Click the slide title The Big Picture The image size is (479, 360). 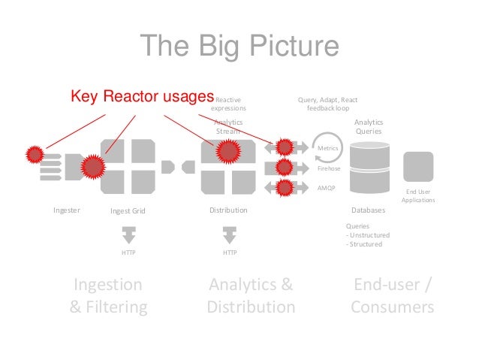tap(239, 47)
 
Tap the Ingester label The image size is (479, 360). tap(67, 210)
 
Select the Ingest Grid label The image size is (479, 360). tap(128, 211)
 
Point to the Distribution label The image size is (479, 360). tap(228, 210)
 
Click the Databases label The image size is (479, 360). tap(368, 210)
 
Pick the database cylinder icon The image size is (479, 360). tap(368, 170)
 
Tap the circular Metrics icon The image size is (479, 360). tap(327, 149)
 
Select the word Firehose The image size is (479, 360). tap(330, 169)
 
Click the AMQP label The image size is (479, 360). tap(327, 188)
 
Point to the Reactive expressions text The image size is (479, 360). tap(228, 104)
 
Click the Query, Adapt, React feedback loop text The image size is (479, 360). tap(327, 104)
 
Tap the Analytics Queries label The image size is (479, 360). tap(368, 126)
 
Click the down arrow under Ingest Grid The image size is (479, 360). tap(128, 234)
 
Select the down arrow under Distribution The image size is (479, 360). tap(229, 234)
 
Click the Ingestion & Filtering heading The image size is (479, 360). tap(108, 295)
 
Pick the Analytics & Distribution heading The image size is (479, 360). tap(251, 295)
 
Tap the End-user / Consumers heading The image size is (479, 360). tap(392, 295)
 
